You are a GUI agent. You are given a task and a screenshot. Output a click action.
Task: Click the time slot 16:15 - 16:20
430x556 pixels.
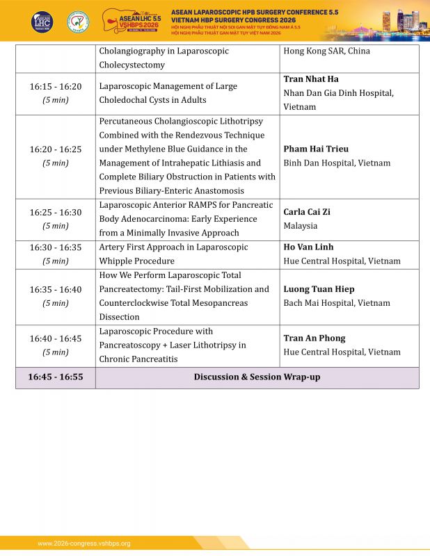click(x=55, y=87)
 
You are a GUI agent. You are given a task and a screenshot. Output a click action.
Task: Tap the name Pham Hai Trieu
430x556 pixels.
click(x=316, y=149)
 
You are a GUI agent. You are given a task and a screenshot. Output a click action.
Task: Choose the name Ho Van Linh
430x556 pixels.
click(x=308, y=247)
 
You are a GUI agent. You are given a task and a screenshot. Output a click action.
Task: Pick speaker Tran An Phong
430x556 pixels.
click(x=314, y=338)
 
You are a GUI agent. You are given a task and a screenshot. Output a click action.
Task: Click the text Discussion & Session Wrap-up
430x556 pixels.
click(x=257, y=377)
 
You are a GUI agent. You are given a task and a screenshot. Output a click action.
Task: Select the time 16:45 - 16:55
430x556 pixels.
click(x=55, y=377)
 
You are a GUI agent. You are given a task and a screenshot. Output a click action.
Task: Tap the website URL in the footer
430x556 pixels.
click(x=83, y=543)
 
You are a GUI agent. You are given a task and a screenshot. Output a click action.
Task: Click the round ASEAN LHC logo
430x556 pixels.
click(x=42, y=22)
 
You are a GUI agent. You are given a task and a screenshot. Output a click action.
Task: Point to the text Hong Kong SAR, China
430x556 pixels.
click(x=326, y=51)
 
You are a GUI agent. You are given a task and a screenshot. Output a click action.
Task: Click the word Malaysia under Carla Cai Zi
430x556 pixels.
click(x=300, y=226)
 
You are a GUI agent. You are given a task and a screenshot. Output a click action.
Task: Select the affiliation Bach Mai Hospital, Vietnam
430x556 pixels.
click(x=336, y=303)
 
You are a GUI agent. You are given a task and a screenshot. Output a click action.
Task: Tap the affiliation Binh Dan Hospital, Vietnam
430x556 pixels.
click(x=337, y=163)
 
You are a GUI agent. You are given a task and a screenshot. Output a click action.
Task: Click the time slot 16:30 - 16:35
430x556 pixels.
click(x=55, y=247)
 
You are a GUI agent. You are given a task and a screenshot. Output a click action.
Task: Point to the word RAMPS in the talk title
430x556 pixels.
click(x=196, y=205)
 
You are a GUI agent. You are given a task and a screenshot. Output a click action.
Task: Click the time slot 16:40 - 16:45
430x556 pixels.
click(x=55, y=338)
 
